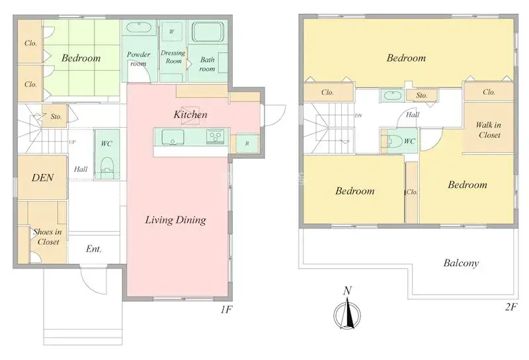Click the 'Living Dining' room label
pyautogui.click(x=176, y=220)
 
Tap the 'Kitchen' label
pyautogui.click(x=190, y=114)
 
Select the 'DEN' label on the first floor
pyautogui.click(x=42, y=177)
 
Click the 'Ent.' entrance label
pyautogui.click(x=93, y=249)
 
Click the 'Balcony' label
pyautogui.click(x=461, y=263)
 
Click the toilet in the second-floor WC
pyautogui.click(x=393, y=141)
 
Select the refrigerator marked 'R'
pyautogui.click(x=246, y=143)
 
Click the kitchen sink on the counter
pyautogui.click(x=173, y=138)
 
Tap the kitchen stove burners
pyautogui.click(x=216, y=137)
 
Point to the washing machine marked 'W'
pyautogui.click(x=172, y=32)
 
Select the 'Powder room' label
pyautogui.click(x=138, y=59)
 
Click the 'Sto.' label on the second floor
pyautogui.click(x=422, y=95)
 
